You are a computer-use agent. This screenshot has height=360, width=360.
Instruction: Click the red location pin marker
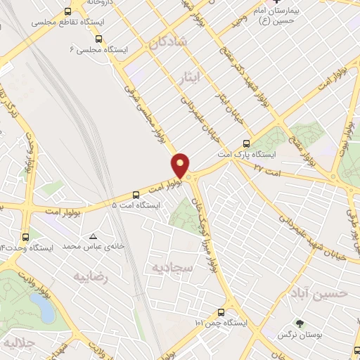pyautogui.click(x=181, y=165)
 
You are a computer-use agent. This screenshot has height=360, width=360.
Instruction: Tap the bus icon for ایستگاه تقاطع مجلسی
pyautogui.click(x=67, y=12)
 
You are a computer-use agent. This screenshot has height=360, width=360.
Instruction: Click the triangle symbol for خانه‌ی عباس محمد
pyautogui.click(x=94, y=236)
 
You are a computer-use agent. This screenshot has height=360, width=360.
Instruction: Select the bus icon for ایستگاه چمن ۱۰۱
pyautogui.click(x=221, y=311)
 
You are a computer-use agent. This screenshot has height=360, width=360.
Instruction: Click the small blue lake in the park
pyautogui.click(x=39, y=307)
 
